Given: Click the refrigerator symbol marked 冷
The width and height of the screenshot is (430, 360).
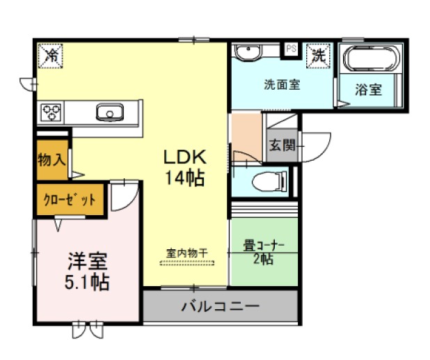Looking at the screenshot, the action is pyautogui.click(x=51, y=56).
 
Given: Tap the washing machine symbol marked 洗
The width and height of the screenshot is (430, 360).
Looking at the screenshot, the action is pyautogui.click(x=319, y=56).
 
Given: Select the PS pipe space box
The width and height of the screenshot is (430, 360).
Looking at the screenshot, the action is pyautogui.click(x=291, y=49).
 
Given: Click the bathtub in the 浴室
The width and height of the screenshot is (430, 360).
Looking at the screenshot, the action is pyautogui.click(x=370, y=58).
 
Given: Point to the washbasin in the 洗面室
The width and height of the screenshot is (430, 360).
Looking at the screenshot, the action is pyautogui.click(x=248, y=52).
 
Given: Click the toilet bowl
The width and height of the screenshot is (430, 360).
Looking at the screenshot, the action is pyautogui.click(x=269, y=181).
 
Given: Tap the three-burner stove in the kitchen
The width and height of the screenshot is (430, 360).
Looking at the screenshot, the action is pyautogui.click(x=51, y=112).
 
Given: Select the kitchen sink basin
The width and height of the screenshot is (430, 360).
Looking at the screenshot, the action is pyautogui.click(x=110, y=112).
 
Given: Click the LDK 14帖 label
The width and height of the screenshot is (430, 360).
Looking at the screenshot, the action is pyautogui.click(x=184, y=167).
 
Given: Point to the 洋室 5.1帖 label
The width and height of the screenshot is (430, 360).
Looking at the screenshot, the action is pyautogui.click(x=87, y=272).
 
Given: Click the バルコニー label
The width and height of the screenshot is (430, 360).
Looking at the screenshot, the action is pyautogui.click(x=220, y=306).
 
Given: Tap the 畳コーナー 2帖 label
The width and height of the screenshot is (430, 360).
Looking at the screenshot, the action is pyautogui.click(x=264, y=252).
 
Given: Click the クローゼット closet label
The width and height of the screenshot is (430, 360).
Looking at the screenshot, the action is pyautogui.click(x=70, y=200).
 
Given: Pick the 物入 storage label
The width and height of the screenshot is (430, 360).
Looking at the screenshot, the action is pyautogui.click(x=51, y=159).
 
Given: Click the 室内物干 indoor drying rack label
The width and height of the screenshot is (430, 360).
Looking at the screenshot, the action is pyautogui.click(x=187, y=253).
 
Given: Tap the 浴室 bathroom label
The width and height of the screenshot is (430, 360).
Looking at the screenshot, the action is pyautogui.click(x=369, y=89).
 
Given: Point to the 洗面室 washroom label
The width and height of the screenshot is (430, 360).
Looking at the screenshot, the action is pyautogui.click(x=282, y=84).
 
